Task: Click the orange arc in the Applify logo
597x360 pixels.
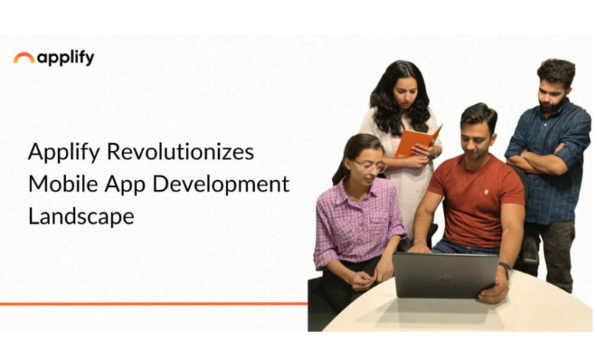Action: [x=24, y=55]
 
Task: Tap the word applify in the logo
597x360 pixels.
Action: [x=66, y=58]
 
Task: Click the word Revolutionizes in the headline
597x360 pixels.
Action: [x=180, y=151]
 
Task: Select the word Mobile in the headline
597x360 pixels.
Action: [x=64, y=184]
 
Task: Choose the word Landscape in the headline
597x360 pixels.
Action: [x=81, y=217]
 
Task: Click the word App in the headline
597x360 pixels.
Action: [x=125, y=185]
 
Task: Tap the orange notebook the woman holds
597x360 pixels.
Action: [x=418, y=140]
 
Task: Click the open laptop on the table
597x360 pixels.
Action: [x=445, y=275]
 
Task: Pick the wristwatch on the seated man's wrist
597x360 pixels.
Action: [x=505, y=268]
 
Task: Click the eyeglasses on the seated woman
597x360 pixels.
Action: [x=370, y=165]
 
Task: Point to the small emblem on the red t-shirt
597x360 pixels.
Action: [x=487, y=192]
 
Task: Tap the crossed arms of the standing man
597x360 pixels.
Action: [x=540, y=160]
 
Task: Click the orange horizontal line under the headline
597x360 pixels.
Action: [x=153, y=304]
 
